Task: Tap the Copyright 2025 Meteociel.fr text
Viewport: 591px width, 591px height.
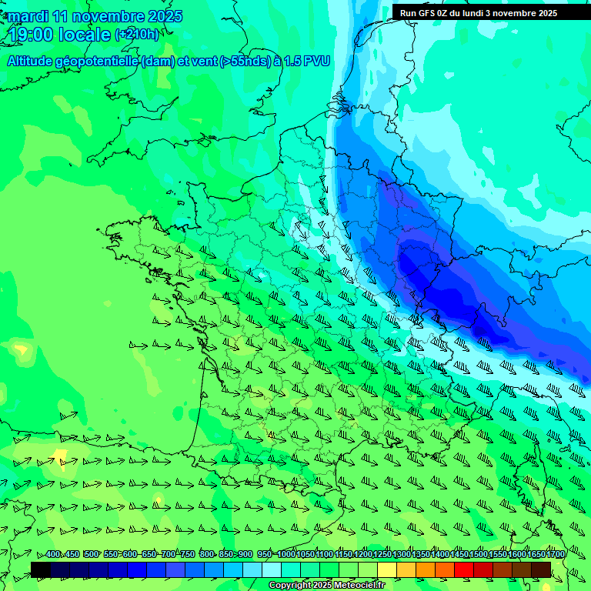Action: point(326,586)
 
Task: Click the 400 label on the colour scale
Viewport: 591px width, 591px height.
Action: point(53,555)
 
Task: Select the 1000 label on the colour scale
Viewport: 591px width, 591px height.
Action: point(285,555)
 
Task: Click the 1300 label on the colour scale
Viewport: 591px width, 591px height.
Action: point(401,555)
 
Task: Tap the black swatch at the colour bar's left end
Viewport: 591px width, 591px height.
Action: point(41,569)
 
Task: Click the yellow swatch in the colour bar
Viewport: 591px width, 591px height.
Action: point(387,569)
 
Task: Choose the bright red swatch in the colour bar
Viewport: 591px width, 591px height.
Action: point(464,569)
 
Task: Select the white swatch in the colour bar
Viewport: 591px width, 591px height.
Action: point(272,569)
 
